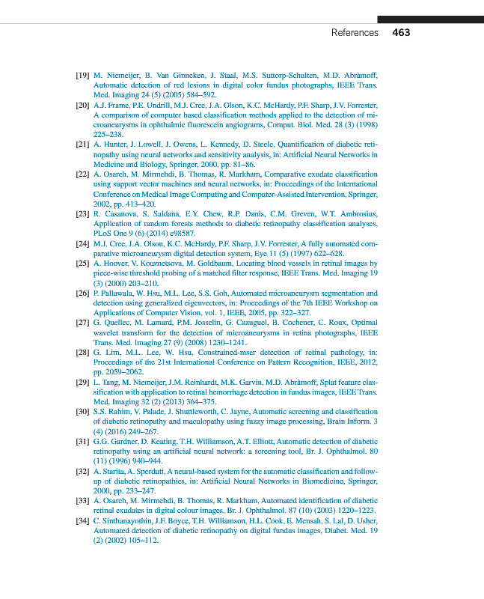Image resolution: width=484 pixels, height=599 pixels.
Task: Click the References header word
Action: click(x=355, y=33)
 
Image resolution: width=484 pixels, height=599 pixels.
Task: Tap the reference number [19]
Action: click(x=83, y=76)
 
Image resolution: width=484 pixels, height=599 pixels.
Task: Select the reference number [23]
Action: click(x=83, y=214)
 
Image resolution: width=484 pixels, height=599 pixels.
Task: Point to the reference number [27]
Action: click(x=83, y=323)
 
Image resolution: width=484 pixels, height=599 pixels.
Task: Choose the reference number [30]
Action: click(x=83, y=412)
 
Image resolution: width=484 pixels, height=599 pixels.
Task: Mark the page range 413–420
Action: click(x=137, y=204)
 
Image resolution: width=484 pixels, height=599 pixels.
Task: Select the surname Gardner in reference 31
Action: click(x=123, y=441)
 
